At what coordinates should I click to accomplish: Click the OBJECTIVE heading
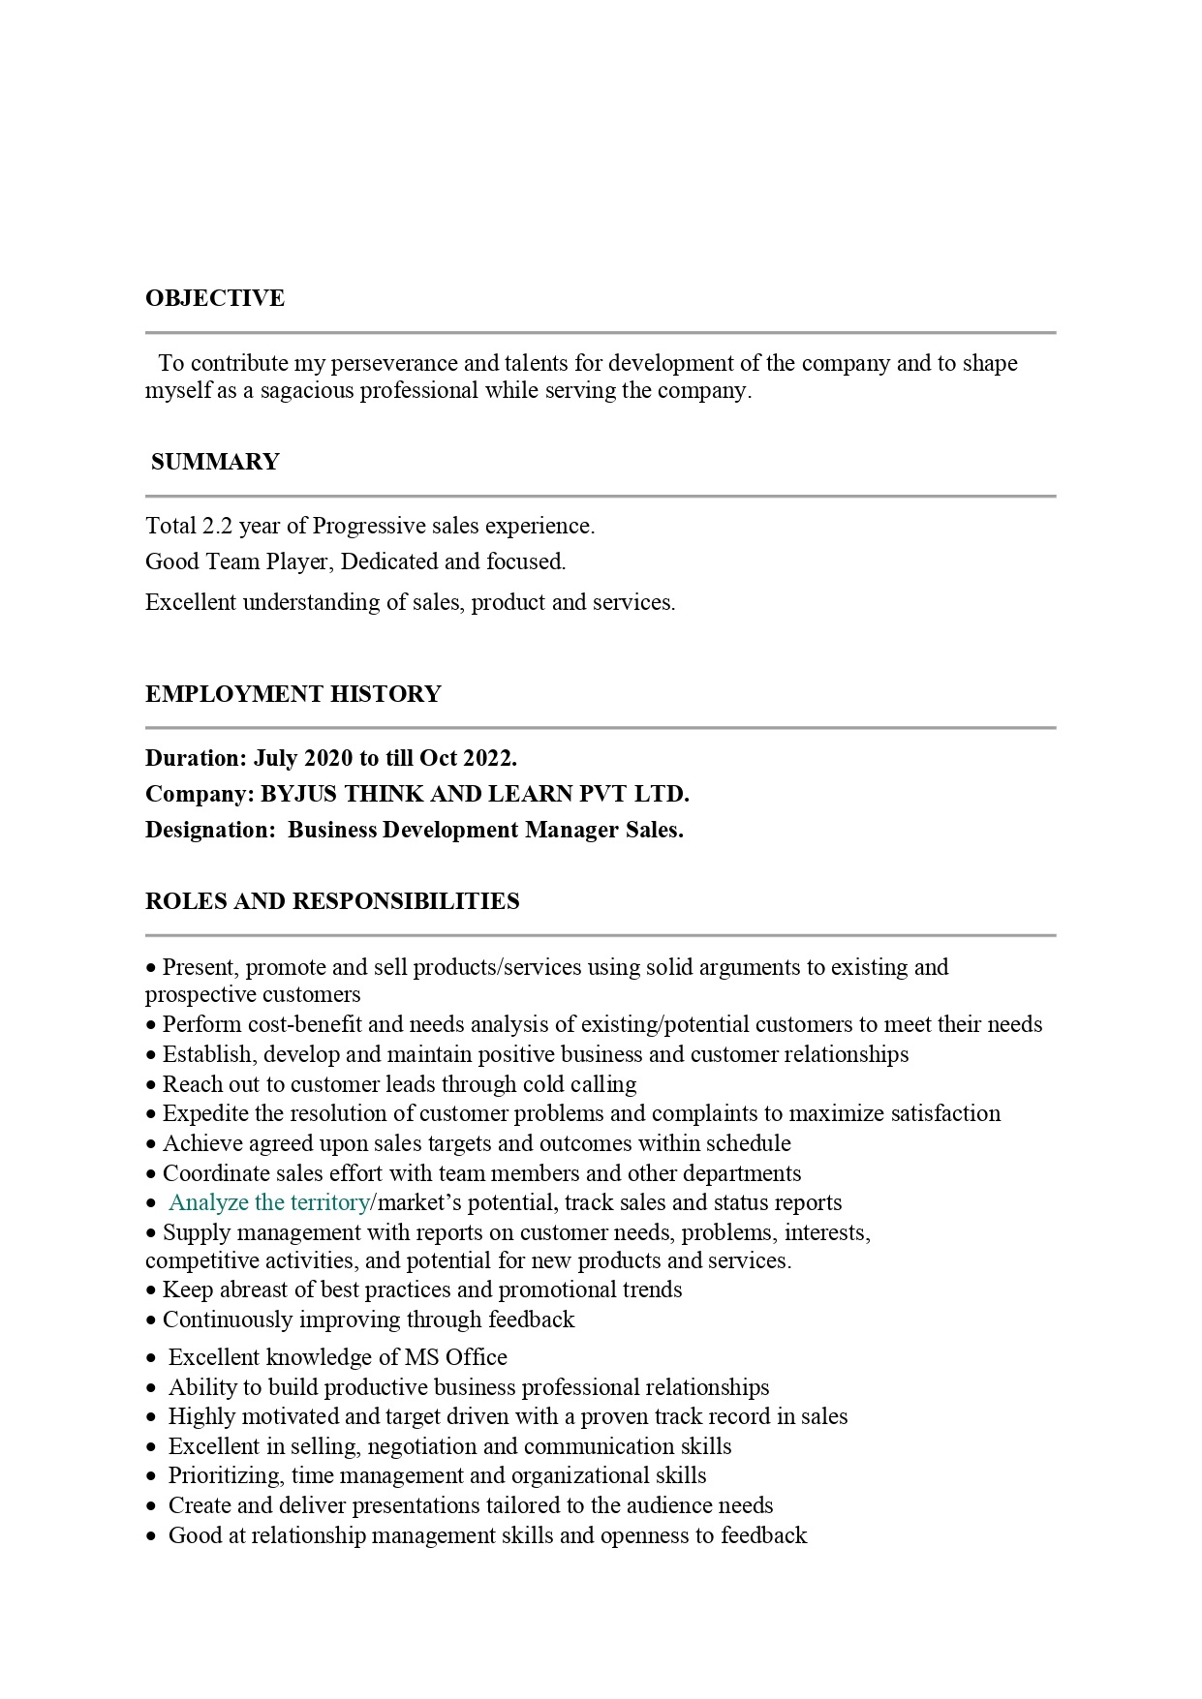215,298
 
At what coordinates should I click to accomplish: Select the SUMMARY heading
215,462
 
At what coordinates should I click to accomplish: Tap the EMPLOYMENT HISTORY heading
293,694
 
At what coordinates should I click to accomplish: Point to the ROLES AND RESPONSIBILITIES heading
332,901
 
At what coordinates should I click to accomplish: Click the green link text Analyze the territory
268,1203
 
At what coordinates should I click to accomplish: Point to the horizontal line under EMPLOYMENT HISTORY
601,727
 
